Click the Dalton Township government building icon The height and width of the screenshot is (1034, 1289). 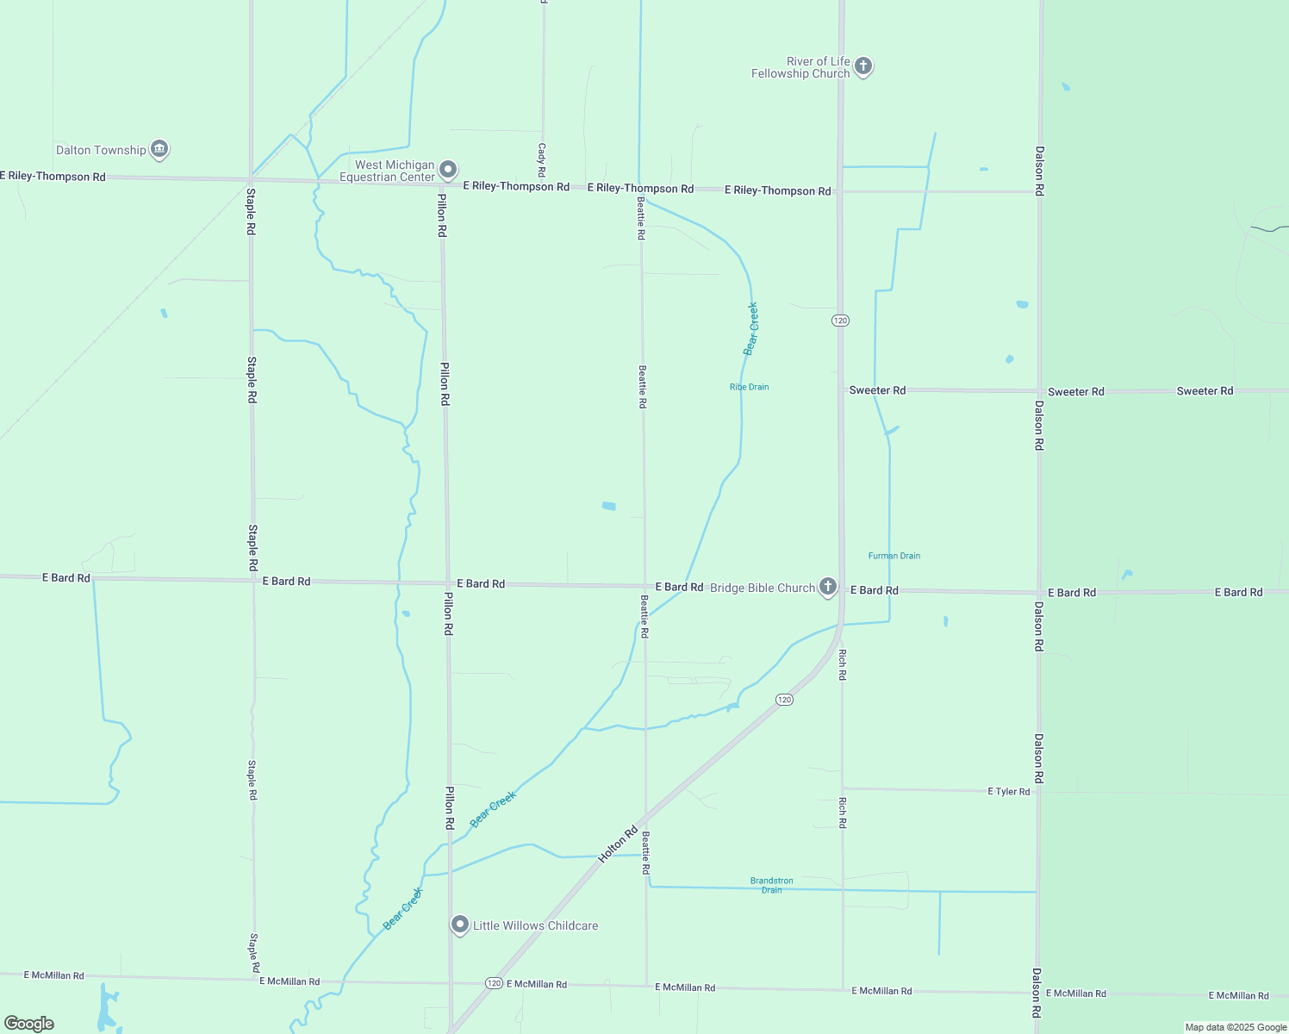159,149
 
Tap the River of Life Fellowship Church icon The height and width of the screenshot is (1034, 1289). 863,66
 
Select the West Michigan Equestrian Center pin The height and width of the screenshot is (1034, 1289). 447,170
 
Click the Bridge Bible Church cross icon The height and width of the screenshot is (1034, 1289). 828,587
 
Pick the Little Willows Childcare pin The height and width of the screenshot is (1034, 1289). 460,925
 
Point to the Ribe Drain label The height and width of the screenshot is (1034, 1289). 749,387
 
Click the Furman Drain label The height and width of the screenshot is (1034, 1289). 894,556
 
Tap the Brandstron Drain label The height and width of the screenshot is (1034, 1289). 771,885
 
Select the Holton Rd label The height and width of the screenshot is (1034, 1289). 618,844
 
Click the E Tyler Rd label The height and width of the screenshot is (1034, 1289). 1008,791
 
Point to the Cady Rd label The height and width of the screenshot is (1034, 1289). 542,159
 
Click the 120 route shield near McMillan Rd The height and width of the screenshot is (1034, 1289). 493,982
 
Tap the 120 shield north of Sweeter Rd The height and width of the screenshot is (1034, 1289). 840,321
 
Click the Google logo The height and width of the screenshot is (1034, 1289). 29,1024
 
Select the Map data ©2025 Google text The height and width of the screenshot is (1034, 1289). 1236,1027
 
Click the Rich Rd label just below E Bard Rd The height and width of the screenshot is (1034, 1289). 843,664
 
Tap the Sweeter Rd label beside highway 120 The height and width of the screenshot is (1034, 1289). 877,390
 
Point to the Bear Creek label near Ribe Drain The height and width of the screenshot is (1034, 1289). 751,328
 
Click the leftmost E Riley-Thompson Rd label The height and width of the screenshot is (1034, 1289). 53,176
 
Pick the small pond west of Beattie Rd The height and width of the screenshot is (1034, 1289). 609,506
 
